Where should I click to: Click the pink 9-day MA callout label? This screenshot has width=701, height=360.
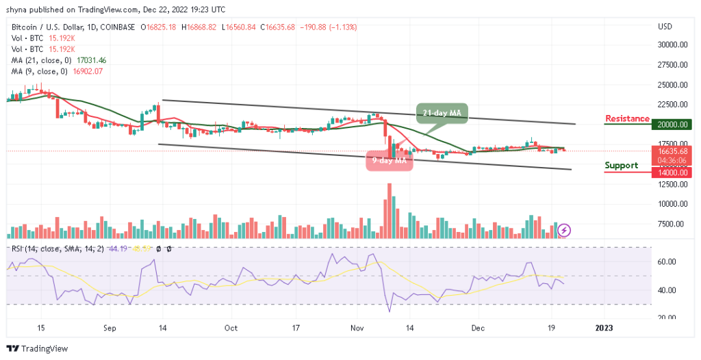(x=389, y=160)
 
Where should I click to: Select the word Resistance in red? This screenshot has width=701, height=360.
(x=626, y=118)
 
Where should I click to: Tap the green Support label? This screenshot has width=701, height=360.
(x=622, y=165)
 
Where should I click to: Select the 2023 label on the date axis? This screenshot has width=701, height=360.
(x=604, y=328)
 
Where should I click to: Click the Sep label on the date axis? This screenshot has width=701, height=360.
(x=110, y=328)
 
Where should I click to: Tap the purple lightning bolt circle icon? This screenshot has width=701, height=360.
(x=564, y=230)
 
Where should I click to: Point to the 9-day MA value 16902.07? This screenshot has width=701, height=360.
(x=95, y=71)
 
